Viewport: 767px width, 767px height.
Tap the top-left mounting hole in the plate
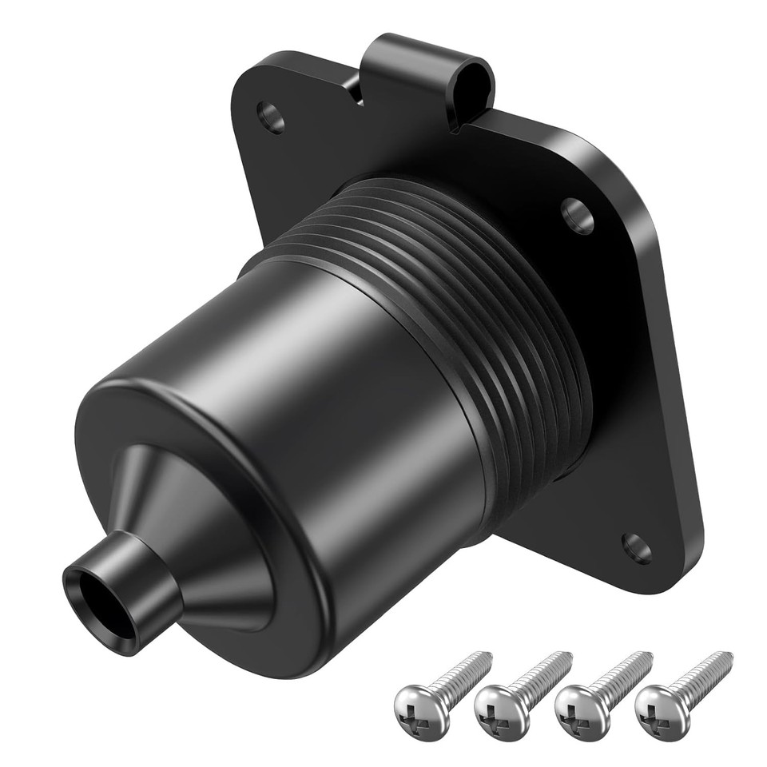(271, 117)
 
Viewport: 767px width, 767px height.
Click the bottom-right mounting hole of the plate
(636, 547)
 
